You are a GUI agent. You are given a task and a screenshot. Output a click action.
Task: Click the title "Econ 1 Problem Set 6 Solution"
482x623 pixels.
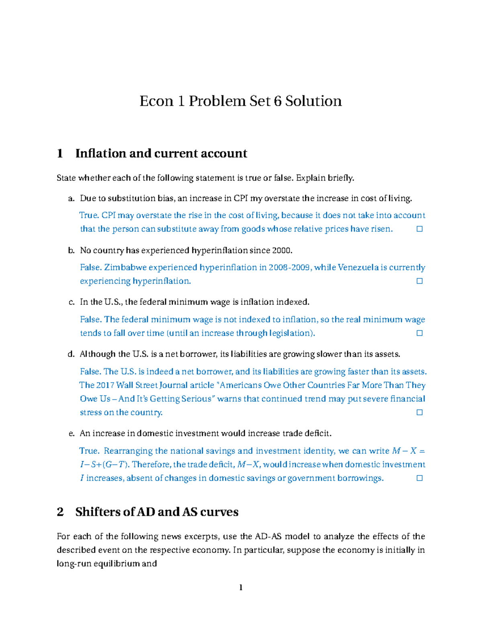click(x=241, y=101)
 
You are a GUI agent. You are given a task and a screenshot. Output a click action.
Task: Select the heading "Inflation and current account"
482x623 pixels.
click(x=161, y=153)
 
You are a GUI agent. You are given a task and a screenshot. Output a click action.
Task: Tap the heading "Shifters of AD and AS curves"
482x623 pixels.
click(x=157, y=512)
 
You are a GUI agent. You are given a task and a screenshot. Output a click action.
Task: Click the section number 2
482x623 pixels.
click(x=60, y=512)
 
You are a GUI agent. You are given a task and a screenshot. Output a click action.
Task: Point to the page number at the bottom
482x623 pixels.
click(x=241, y=588)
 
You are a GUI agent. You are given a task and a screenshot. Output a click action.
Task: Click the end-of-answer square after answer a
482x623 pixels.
click(x=419, y=229)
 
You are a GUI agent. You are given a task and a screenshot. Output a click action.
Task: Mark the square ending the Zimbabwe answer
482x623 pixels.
click(x=419, y=281)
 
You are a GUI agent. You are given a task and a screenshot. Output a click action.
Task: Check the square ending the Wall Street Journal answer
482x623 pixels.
click(x=419, y=412)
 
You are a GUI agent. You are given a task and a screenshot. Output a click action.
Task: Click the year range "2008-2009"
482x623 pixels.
click(x=290, y=268)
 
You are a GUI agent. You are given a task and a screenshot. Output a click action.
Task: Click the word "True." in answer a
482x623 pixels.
click(x=89, y=215)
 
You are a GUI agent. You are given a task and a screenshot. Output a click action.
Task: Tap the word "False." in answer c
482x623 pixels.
click(x=91, y=320)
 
